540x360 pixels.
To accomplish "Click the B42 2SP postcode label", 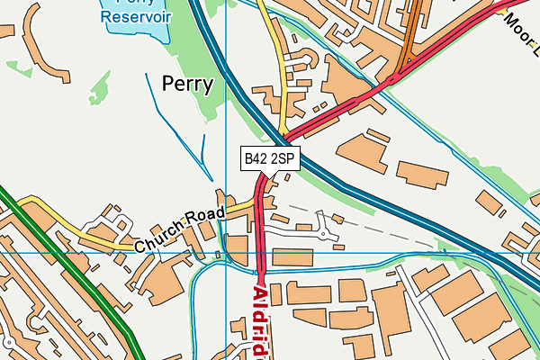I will pos(269,158).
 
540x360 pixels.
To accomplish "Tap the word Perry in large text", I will pos(187,85).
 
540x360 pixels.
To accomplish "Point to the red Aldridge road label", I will pos(261,319).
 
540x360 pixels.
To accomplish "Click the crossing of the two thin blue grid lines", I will pos(226,253).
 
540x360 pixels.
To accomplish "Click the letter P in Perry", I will pos(168,85).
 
